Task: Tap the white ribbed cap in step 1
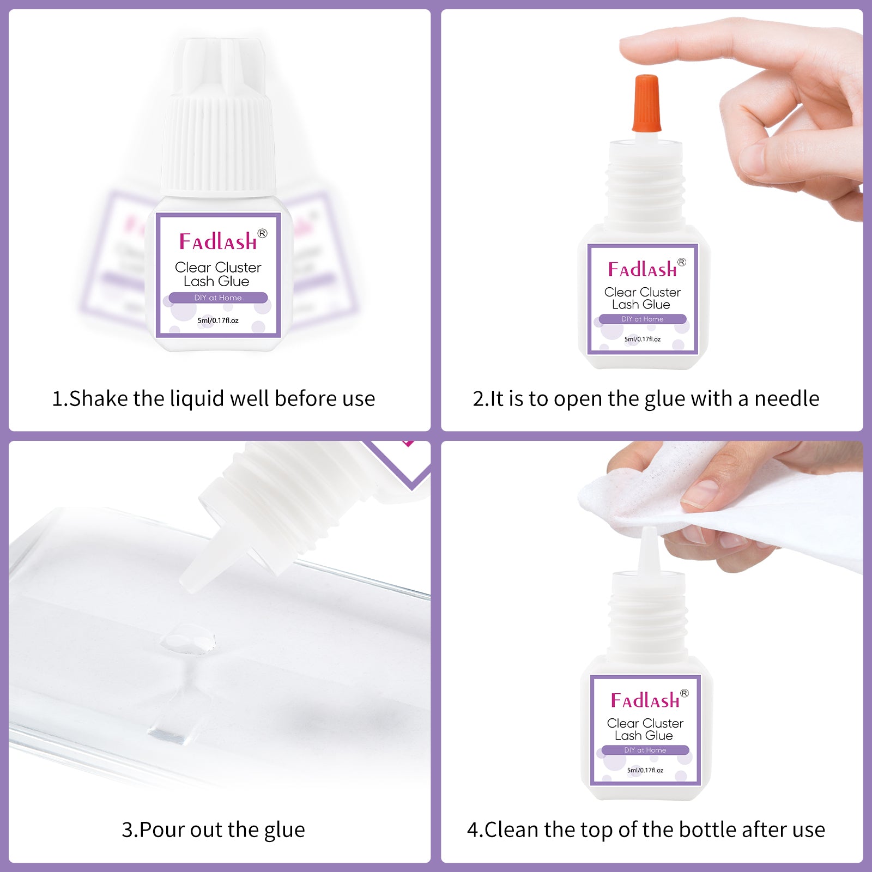(x=218, y=131)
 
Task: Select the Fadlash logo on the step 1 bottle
(x=218, y=241)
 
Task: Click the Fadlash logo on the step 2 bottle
(x=642, y=269)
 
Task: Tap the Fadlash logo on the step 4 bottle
(x=645, y=700)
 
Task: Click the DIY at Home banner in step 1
(x=218, y=298)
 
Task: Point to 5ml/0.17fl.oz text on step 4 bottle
(x=645, y=770)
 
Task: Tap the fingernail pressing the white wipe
(x=700, y=493)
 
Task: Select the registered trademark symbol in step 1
(x=262, y=233)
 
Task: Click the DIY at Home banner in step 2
(x=642, y=319)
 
